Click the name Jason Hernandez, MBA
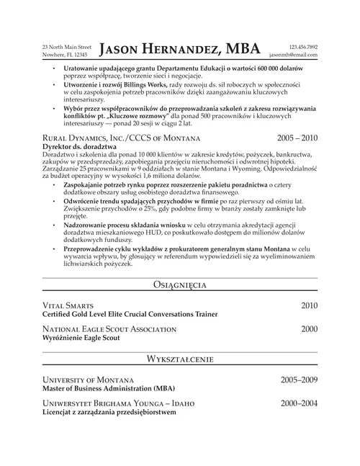[x=180, y=49]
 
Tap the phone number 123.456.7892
[x=302, y=46]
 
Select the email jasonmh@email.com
[x=293, y=55]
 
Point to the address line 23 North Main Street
[x=67, y=46]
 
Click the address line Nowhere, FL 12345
[x=66, y=55]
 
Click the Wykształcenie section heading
[x=180, y=358]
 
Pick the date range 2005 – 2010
[x=297, y=138]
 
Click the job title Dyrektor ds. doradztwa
[x=76, y=146]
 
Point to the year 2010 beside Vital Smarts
[x=309, y=305]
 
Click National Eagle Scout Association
[x=109, y=328]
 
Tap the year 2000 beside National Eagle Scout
[x=309, y=328]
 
